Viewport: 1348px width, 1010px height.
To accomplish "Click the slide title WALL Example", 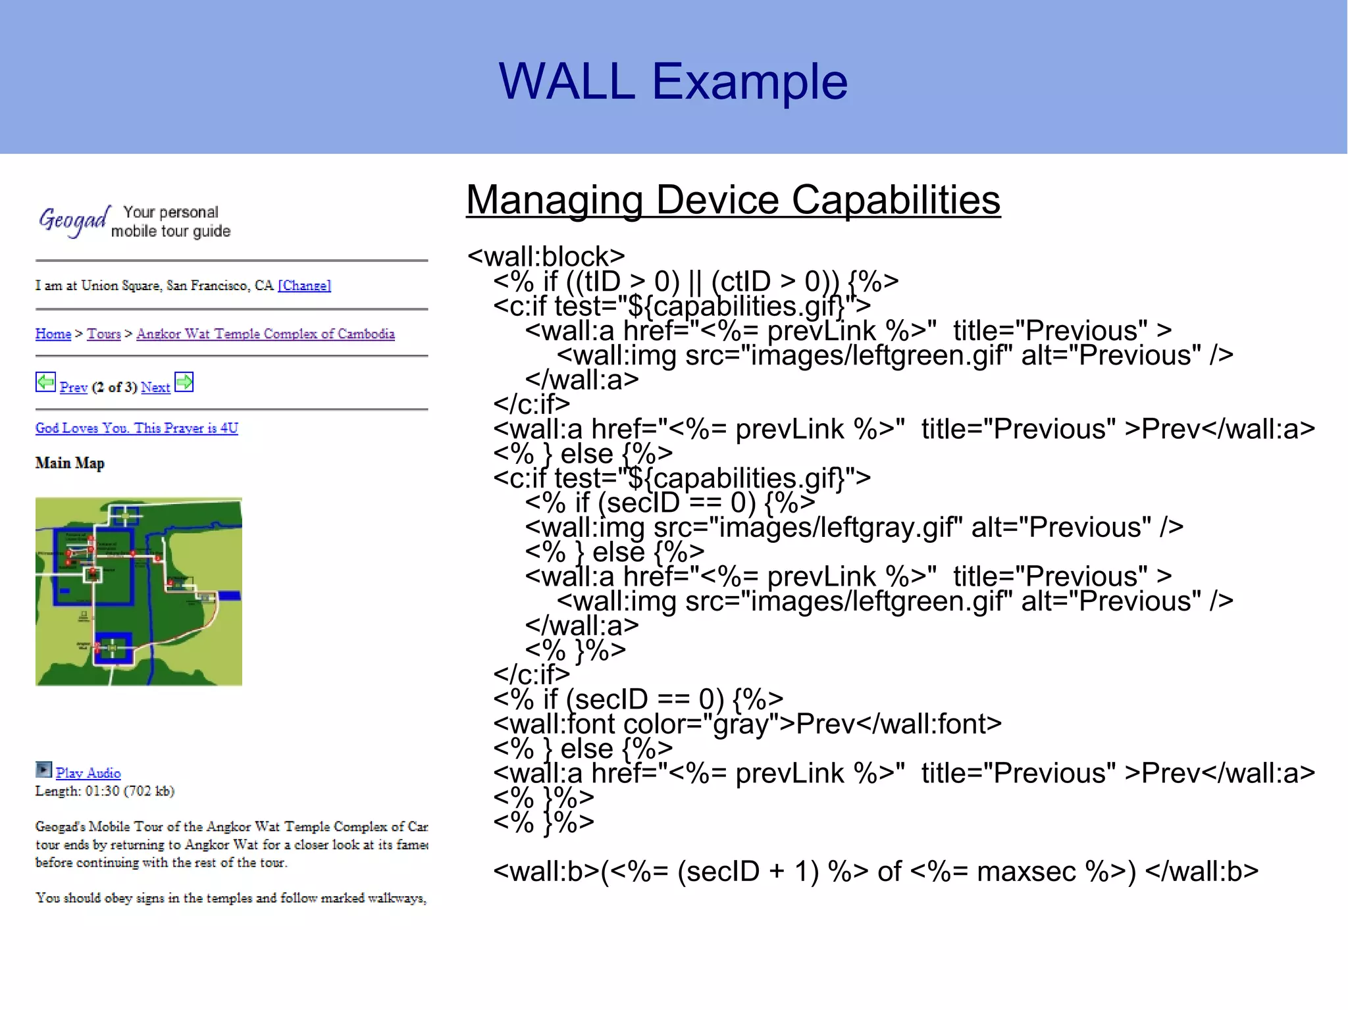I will tap(673, 82).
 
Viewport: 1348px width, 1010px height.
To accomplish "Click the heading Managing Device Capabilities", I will tap(733, 200).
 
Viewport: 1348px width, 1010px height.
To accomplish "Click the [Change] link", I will tap(304, 286).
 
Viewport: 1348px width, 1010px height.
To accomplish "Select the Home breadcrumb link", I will tap(53, 334).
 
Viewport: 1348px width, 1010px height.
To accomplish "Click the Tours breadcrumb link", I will tap(104, 334).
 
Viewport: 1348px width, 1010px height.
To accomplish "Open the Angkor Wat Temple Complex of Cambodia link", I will tap(265, 334).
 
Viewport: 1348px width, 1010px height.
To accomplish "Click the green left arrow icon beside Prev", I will tap(45, 382).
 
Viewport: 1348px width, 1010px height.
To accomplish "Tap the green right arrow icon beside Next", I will tap(184, 382).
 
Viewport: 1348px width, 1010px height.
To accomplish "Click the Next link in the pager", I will tap(155, 388).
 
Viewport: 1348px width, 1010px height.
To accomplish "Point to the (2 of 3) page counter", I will tap(114, 388).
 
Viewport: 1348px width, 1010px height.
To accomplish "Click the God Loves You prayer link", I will tap(136, 428).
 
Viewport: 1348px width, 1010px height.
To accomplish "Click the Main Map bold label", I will tap(70, 463).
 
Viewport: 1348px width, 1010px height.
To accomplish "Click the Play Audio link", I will tap(88, 773).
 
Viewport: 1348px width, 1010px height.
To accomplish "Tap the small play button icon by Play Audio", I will tap(43, 769).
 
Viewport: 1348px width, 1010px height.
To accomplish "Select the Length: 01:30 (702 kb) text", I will tap(105, 791).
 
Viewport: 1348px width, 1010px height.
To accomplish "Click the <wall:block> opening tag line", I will tap(546, 257).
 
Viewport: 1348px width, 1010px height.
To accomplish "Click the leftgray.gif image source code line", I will tap(854, 528).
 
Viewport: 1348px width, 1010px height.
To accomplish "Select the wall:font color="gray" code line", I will tap(747, 724).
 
